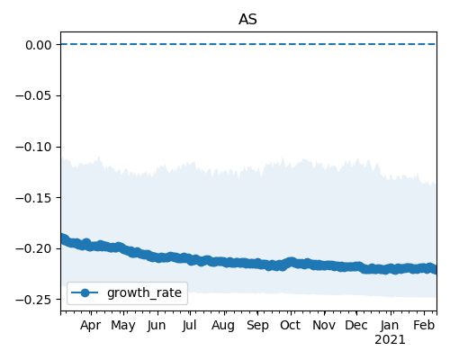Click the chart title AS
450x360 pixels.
(x=247, y=20)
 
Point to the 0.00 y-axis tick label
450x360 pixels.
(x=39, y=45)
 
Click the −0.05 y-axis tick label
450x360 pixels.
(x=34, y=96)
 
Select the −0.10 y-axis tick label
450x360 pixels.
(x=34, y=147)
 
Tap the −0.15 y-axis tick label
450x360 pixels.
(x=34, y=198)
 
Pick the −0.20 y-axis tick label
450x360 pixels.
(x=34, y=249)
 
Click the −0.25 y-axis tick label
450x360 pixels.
(x=34, y=300)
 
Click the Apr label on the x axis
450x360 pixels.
(x=91, y=326)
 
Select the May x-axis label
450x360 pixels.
(x=123, y=326)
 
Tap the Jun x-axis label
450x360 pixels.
(x=157, y=326)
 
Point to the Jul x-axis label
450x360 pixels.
(x=190, y=326)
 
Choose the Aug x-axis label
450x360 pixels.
(x=223, y=326)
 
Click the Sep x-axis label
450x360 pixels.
(x=257, y=326)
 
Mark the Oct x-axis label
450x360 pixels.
(x=290, y=326)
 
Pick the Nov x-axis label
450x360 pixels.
(x=324, y=326)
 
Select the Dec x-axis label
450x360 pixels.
(x=356, y=326)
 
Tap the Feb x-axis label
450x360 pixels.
(x=424, y=326)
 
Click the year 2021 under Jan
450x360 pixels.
(x=390, y=340)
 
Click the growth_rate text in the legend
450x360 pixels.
(x=144, y=292)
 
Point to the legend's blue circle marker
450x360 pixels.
(x=85, y=292)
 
